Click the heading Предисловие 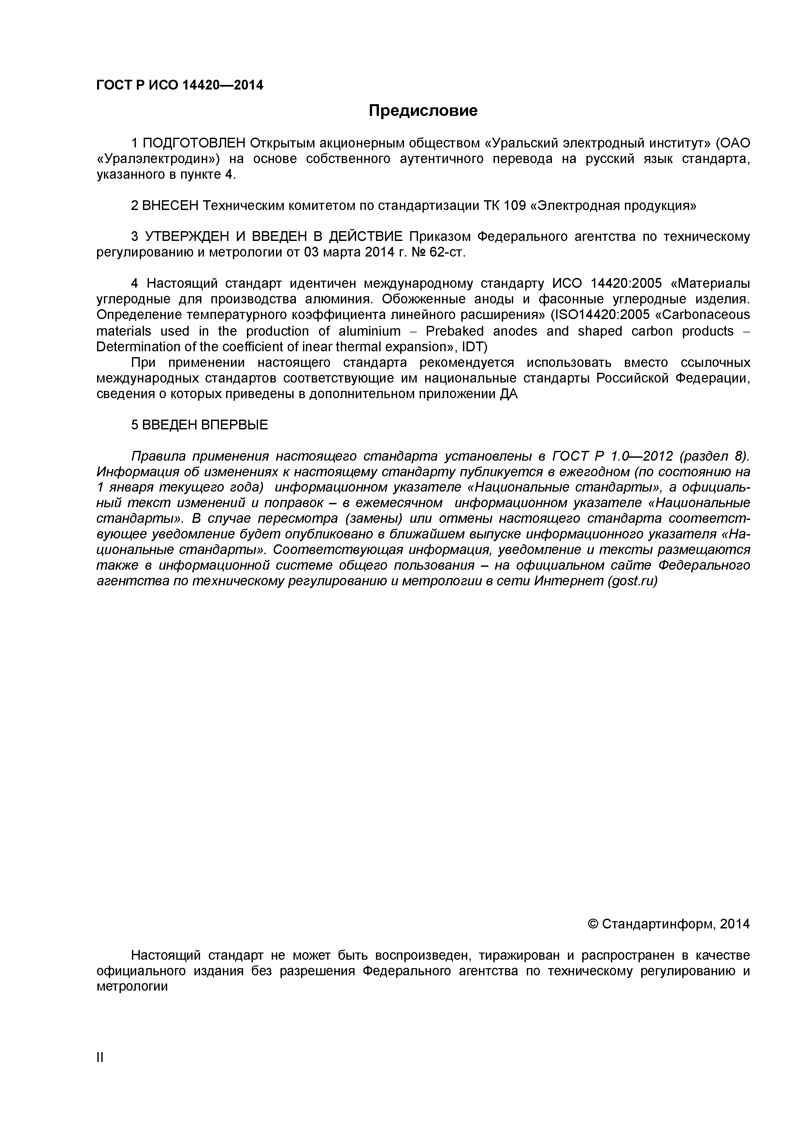click(x=423, y=110)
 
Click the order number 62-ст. click(x=447, y=252)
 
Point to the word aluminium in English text click(x=369, y=331)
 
